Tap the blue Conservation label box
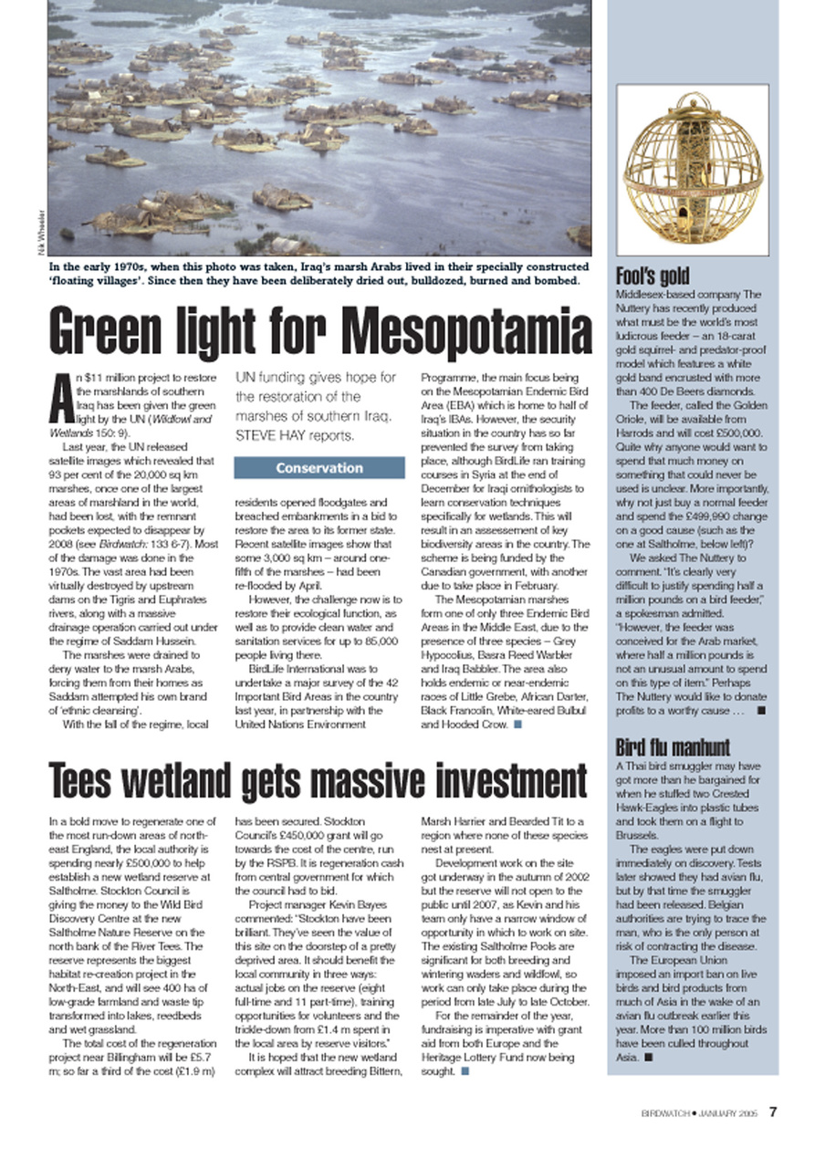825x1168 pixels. tap(319, 468)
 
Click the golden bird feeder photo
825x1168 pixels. tap(692, 173)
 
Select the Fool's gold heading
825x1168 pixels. tap(653, 276)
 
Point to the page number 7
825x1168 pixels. tap(772, 1111)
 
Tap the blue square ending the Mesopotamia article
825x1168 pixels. tap(517, 725)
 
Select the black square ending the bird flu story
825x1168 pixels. tap(647, 1058)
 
